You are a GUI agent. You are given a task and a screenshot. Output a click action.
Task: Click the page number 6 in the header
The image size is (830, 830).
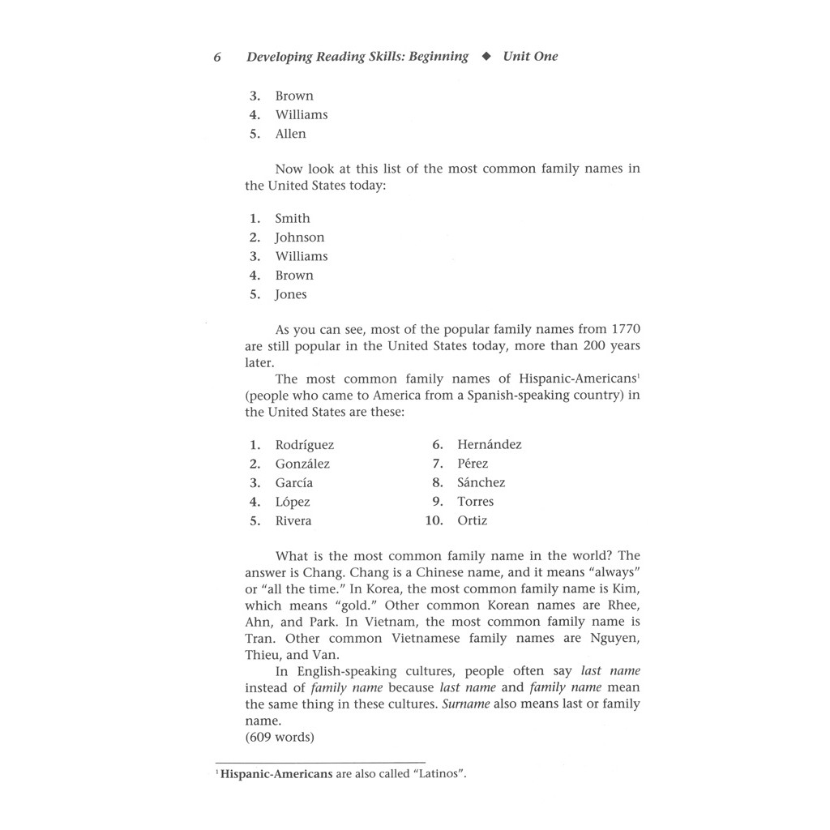pyautogui.click(x=217, y=57)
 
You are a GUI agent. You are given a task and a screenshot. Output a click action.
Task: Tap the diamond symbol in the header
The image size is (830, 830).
pyautogui.click(x=486, y=57)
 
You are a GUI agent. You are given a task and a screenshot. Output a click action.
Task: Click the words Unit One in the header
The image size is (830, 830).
pyautogui.click(x=530, y=57)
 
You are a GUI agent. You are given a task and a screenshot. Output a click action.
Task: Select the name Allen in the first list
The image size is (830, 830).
pyautogui.click(x=290, y=134)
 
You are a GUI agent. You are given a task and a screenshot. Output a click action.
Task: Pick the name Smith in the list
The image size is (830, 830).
pyautogui.click(x=292, y=218)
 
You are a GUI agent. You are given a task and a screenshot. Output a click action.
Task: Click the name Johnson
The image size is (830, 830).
pyautogui.click(x=299, y=237)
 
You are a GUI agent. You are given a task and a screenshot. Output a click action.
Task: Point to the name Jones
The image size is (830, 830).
pyautogui.click(x=291, y=294)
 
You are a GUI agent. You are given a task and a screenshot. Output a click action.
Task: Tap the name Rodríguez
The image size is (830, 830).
pyautogui.click(x=304, y=445)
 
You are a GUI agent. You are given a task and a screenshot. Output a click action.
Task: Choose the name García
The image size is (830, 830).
pyautogui.click(x=293, y=483)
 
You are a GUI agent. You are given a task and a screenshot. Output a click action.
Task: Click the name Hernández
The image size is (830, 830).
pyautogui.click(x=490, y=444)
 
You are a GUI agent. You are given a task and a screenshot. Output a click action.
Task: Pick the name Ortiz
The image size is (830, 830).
pyautogui.click(x=473, y=520)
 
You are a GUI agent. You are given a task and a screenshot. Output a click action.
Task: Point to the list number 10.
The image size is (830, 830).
pyautogui.click(x=434, y=520)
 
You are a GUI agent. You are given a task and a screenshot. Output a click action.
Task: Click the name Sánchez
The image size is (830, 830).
pyautogui.click(x=481, y=482)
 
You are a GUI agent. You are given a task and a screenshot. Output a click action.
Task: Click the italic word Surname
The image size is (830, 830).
pyautogui.click(x=466, y=704)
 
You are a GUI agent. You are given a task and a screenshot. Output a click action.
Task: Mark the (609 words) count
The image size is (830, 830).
pyautogui.click(x=280, y=737)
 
